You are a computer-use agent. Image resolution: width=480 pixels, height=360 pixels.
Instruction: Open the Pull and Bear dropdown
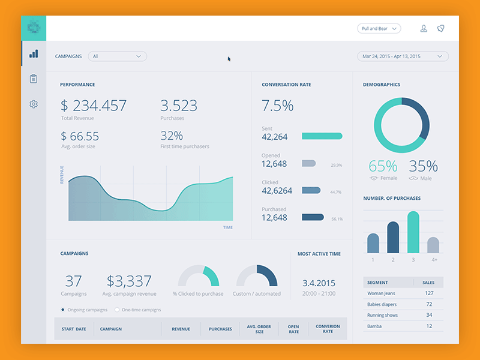379,28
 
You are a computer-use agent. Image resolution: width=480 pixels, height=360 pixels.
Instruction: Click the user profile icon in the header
424,28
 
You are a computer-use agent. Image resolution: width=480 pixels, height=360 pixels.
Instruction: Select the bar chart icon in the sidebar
34,54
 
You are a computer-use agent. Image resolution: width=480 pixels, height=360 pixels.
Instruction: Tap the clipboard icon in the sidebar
34,79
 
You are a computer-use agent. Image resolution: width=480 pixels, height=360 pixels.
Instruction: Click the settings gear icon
34,104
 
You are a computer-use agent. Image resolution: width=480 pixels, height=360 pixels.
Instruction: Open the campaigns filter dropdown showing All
117,56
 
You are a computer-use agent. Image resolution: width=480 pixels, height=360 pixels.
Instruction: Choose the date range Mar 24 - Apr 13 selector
403,56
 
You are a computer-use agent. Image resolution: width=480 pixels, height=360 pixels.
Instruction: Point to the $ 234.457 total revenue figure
94,106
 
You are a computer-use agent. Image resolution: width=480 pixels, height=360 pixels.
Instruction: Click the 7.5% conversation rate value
277,106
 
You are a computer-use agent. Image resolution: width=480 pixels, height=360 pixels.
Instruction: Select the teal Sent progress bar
322,136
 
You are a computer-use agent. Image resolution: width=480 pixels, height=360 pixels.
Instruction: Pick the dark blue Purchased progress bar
313,217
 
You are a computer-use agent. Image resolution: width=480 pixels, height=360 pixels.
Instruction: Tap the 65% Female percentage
383,166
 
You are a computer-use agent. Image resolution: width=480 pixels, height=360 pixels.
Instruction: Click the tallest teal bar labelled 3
413,232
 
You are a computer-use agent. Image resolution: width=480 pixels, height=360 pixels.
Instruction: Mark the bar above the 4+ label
433,245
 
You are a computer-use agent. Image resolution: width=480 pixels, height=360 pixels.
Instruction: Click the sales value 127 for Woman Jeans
429,293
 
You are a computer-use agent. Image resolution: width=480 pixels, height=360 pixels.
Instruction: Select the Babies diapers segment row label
382,304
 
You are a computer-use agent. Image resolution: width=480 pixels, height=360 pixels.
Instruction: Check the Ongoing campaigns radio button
63,310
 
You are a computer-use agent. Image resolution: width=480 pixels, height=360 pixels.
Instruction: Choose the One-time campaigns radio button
116,310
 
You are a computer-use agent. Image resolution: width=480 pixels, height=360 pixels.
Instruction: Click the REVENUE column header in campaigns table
181,329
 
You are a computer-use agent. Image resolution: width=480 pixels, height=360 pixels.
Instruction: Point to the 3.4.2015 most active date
319,283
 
